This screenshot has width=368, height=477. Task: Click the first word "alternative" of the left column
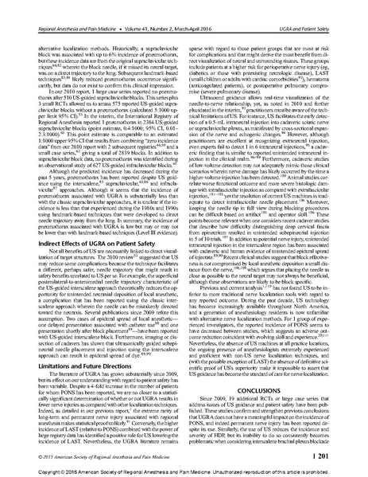[38, 26]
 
